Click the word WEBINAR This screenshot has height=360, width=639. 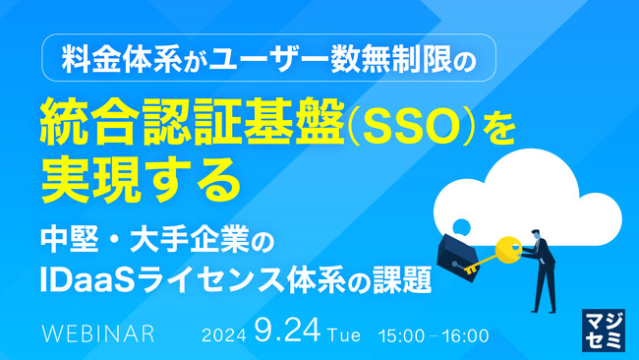click(x=97, y=333)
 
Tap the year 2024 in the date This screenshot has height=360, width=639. click(x=223, y=334)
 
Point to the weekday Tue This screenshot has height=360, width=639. click(x=343, y=334)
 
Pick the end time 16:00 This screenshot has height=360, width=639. click(x=463, y=334)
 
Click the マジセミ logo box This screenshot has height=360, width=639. click(x=602, y=325)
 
